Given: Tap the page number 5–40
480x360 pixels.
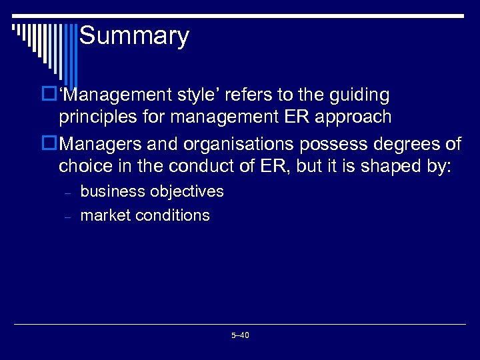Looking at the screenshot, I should click(x=240, y=335).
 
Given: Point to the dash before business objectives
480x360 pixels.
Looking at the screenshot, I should click(x=67, y=193).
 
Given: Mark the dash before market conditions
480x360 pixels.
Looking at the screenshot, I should click(x=67, y=217).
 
